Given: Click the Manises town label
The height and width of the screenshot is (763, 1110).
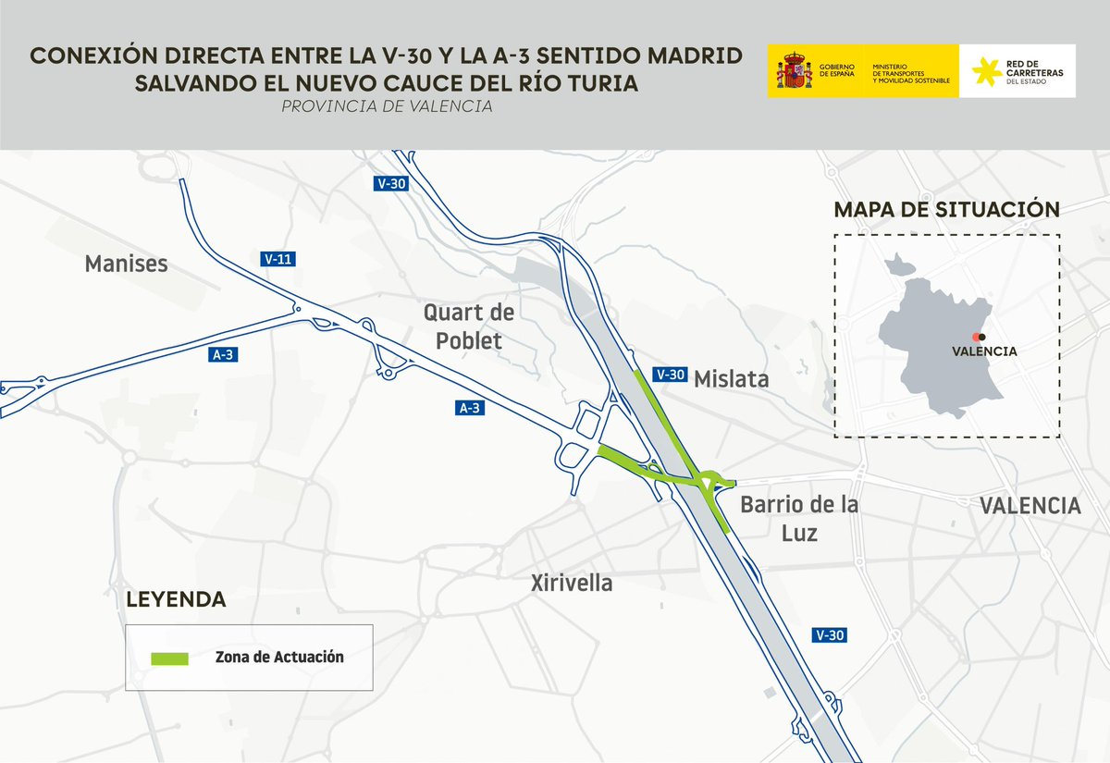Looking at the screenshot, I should click(126, 265).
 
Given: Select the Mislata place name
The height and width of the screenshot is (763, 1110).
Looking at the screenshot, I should click(731, 379).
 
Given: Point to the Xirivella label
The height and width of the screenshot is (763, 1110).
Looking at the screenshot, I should click(572, 584).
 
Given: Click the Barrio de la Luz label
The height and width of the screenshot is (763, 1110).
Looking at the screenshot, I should click(798, 519).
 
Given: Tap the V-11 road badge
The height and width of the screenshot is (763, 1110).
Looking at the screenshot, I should click(278, 260).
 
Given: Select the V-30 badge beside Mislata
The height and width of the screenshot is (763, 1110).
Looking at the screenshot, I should click(669, 375).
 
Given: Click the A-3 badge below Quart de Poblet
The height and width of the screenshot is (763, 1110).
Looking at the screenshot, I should click(470, 407).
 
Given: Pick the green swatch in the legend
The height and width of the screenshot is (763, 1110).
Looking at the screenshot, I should click(169, 658).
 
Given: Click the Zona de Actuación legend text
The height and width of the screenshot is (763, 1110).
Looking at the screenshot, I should click(278, 658).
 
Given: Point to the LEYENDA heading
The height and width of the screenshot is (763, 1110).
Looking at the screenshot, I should click(176, 599).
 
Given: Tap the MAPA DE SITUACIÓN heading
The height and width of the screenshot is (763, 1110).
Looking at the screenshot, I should click(945, 209).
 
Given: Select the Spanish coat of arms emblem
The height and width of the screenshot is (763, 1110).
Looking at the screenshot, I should click(793, 71).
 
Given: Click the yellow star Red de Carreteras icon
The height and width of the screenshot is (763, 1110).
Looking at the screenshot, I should click(987, 71).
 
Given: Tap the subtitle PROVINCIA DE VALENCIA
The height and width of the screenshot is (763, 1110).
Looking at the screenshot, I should click(387, 107).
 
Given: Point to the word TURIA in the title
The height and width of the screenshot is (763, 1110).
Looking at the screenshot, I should click(598, 82).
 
